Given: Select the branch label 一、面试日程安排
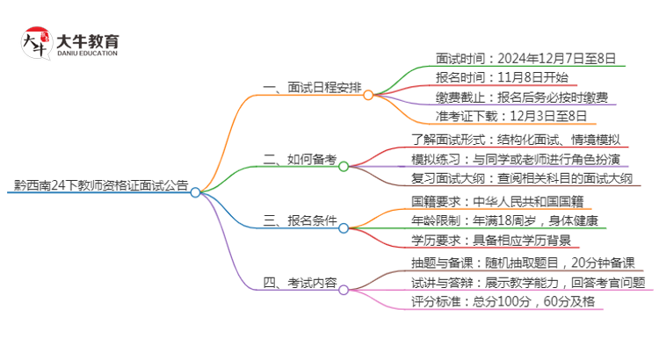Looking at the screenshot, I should pyautogui.click(x=312, y=88).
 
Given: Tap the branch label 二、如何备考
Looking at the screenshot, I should pyautogui.click(x=300, y=159).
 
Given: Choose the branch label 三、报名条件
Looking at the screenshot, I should pyautogui.click(x=300, y=221).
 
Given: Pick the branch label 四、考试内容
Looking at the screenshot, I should pyautogui.click(x=300, y=283).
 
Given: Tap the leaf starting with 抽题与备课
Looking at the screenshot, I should pyautogui.click(x=523, y=263).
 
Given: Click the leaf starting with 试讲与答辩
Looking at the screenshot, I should pyautogui.click(x=528, y=283).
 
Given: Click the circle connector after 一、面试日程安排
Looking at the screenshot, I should pyautogui.click(x=368, y=95).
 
